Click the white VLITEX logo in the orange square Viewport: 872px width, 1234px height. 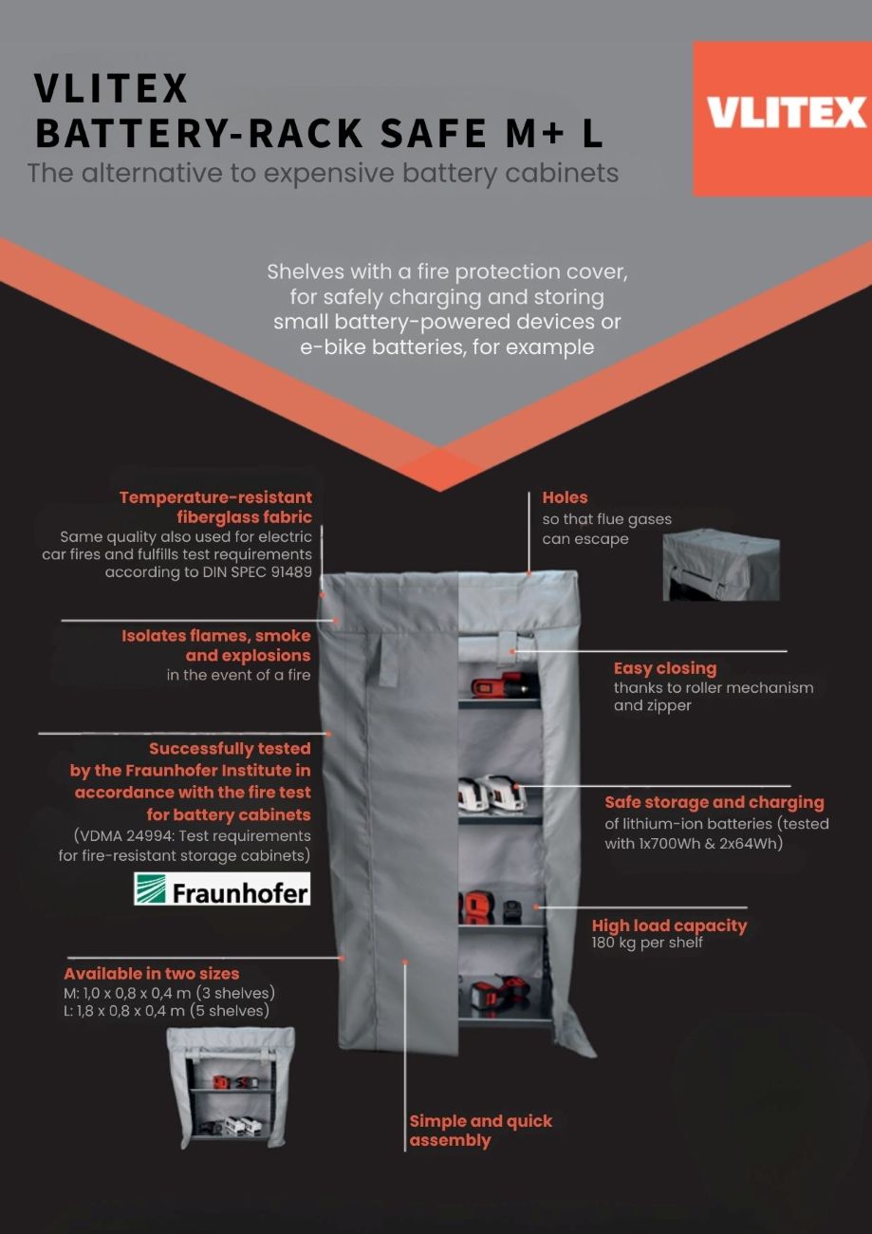[787, 112]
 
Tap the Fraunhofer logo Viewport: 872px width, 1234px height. [222, 888]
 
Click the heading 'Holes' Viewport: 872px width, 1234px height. [565, 497]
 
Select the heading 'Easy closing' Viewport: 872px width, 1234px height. [665, 668]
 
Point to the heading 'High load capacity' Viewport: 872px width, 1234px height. [669, 925]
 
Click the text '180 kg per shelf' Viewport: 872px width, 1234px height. [647, 943]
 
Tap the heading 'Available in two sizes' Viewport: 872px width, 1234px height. [152, 973]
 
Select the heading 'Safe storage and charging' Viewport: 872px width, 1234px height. [714, 802]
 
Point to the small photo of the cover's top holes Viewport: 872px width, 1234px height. [721, 565]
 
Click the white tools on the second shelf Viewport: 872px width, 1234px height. [492, 793]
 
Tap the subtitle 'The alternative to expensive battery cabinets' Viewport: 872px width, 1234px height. [324, 173]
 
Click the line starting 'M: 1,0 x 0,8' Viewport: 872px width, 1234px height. [170, 993]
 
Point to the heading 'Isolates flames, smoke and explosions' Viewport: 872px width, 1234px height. [215, 645]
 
